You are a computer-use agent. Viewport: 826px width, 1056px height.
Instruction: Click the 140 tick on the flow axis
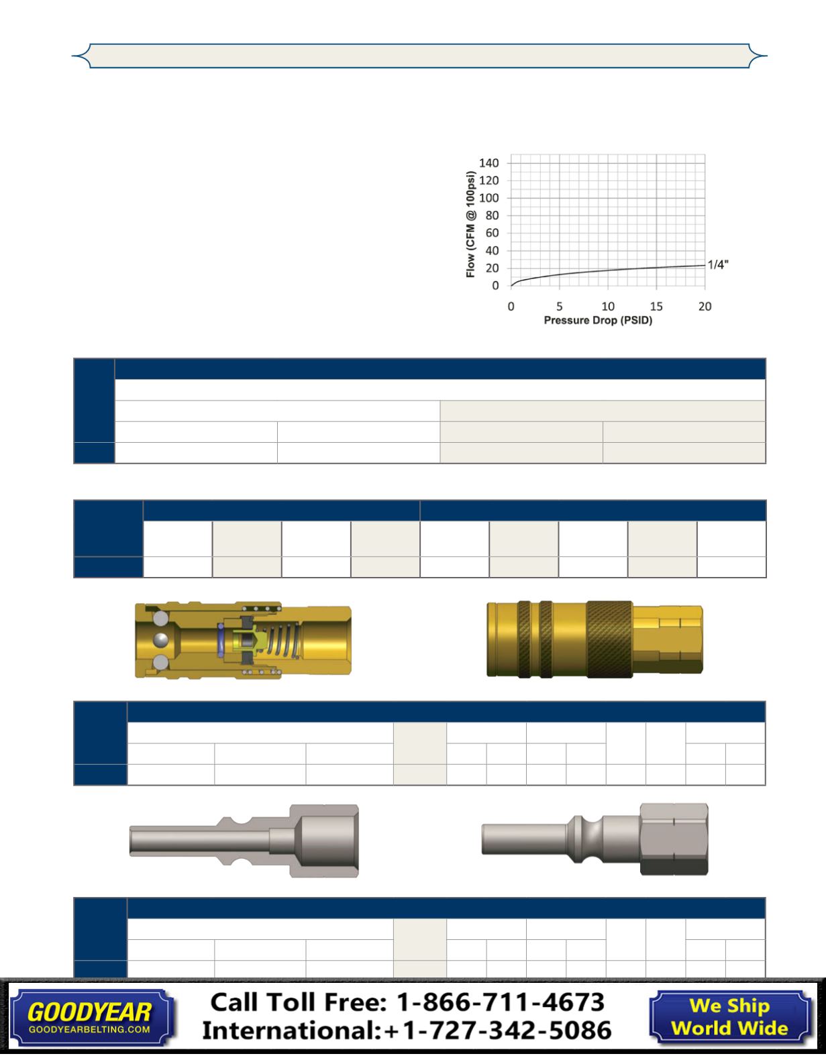[x=488, y=163]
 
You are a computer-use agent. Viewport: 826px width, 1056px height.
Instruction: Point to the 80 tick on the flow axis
[x=492, y=215]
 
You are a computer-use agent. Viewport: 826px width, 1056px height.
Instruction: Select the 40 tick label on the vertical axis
[x=492, y=251]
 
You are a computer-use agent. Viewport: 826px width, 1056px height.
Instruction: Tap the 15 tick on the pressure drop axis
[x=656, y=306]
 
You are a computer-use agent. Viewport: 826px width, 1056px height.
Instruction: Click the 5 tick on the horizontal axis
[x=559, y=306]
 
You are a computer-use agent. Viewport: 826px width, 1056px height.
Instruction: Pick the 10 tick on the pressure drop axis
[x=608, y=306]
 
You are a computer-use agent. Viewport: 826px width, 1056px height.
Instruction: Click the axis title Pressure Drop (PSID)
[x=598, y=320]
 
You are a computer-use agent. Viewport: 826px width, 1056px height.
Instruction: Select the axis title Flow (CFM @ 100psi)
[x=470, y=224]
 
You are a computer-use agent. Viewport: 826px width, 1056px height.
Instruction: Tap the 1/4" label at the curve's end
[x=718, y=265]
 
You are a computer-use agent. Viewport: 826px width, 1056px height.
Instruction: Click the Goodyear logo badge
[x=92, y=1017]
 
